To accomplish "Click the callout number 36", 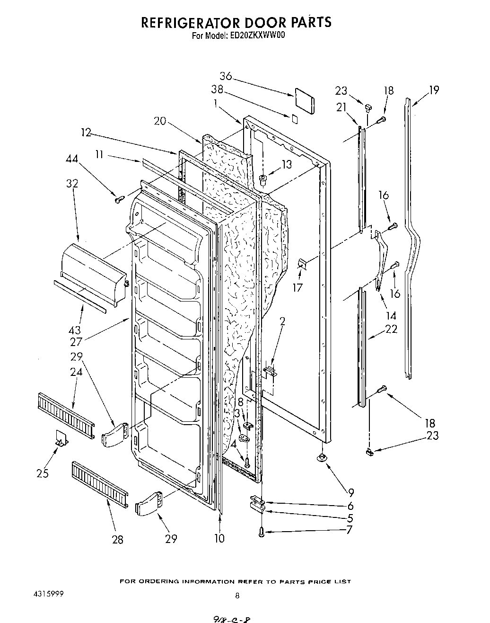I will [x=226, y=76].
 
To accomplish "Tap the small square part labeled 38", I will [x=295, y=118].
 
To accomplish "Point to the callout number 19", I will [x=433, y=89].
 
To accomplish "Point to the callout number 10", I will [x=219, y=538].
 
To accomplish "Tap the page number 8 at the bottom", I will [x=237, y=596].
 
